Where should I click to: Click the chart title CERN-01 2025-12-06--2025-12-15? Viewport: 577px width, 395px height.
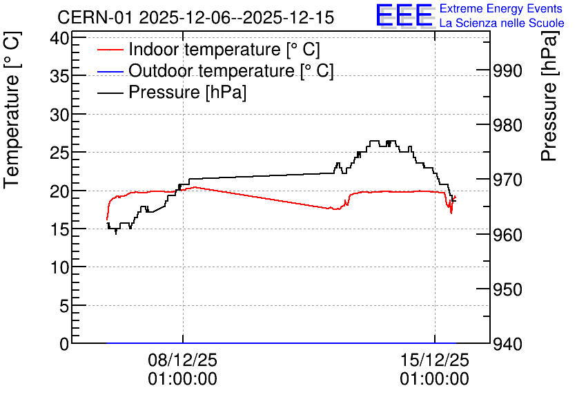(x=195, y=17)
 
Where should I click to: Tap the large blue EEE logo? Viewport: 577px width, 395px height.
(x=404, y=15)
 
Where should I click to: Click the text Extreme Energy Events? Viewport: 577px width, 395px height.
(x=501, y=8)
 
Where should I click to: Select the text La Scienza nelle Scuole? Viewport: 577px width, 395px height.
(x=502, y=23)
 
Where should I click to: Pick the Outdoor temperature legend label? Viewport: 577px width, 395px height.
(x=231, y=70)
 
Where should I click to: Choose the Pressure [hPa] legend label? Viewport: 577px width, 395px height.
(x=187, y=92)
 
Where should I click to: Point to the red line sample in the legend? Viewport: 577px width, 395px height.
(x=110, y=50)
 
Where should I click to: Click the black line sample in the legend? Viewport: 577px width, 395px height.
(x=110, y=93)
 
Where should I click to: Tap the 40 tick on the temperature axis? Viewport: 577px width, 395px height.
(x=59, y=38)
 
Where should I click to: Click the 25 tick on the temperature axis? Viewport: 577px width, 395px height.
(x=59, y=153)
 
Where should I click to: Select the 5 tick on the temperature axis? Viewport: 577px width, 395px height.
(x=64, y=305)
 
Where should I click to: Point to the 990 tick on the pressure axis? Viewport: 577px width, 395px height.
(x=507, y=70)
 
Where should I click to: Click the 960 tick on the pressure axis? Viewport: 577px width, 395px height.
(x=507, y=235)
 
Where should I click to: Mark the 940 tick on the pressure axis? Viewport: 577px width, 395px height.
(x=507, y=344)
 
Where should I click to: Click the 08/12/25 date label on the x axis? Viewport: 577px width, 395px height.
(x=183, y=360)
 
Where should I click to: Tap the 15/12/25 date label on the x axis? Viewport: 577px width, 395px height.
(x=435, y=360)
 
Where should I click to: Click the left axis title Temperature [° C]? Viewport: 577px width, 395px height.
(x=12, y=110)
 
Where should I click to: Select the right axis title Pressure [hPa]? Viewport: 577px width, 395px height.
(x=549, y=95)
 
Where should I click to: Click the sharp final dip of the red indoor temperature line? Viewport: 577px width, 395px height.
(x=451, y=213)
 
